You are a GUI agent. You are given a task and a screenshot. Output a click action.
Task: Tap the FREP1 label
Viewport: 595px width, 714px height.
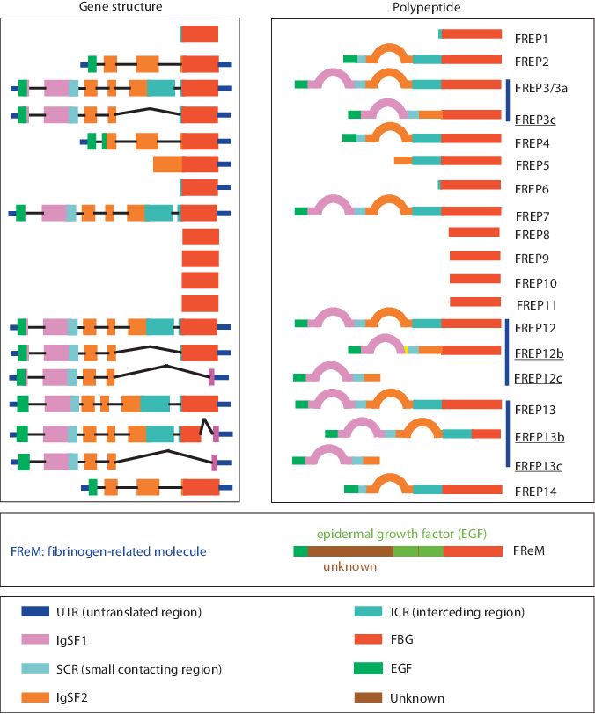(532, 40)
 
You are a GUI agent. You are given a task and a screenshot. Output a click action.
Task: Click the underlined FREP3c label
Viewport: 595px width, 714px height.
(534, 120)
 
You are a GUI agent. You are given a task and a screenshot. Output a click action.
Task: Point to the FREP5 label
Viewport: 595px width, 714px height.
(532, 164)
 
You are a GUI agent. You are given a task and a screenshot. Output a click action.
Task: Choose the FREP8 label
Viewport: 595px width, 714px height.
(532, 236)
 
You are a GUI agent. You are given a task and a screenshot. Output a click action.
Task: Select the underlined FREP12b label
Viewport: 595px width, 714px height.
(539, 353)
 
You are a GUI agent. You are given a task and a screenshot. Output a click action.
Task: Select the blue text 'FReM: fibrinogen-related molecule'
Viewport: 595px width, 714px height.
(108, 551)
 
